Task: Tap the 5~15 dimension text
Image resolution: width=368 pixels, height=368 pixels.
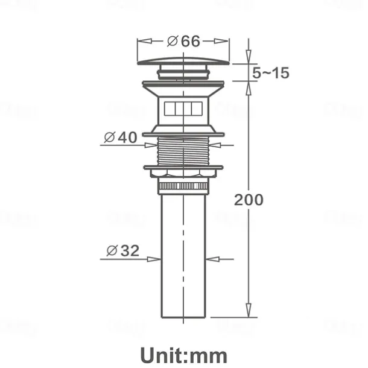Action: (271, 74)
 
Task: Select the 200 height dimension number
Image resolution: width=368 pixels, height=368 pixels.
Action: (249, 199)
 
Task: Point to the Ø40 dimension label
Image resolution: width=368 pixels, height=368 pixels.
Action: (121, 137)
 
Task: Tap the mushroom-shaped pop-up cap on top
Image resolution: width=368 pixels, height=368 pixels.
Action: (184, 60)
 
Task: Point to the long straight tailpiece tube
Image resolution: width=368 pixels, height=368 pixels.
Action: (184, 253)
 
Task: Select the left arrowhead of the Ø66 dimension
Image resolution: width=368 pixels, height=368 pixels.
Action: (141, 41)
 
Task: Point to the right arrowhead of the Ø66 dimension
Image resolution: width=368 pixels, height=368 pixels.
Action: (227, 41)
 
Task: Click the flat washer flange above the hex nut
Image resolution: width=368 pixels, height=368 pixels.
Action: (184, 167)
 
